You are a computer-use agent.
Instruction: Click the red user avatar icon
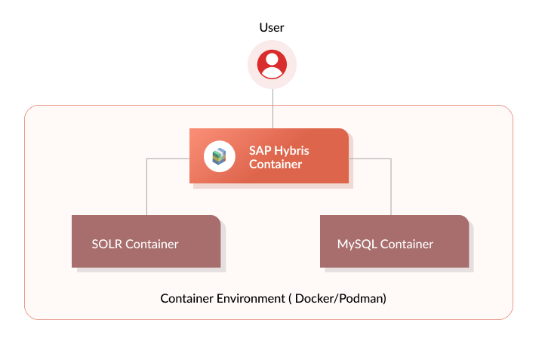point(272,65)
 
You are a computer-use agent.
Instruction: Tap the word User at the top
point(272,28)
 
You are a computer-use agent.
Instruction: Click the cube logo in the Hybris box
point(220,156)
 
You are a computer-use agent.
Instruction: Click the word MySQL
point(356,244)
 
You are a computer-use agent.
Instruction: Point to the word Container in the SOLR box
point(152,244)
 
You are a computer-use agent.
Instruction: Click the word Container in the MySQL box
point(407,244)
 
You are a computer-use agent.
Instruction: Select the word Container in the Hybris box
point(276,164)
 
